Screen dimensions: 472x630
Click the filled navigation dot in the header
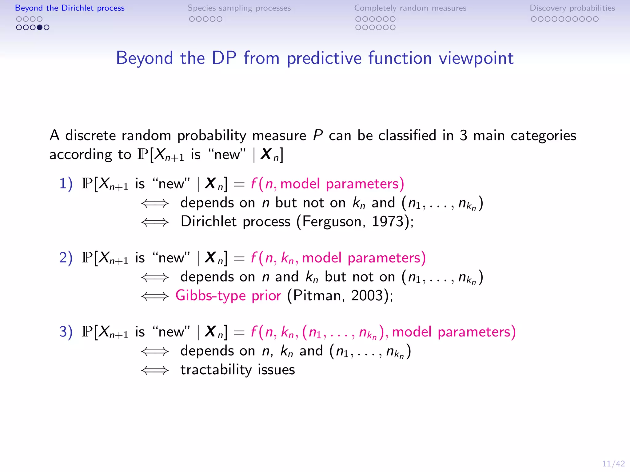[40, 27]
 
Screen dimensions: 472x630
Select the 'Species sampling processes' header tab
[239, 8]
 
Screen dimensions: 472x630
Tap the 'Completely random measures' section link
[410, 8]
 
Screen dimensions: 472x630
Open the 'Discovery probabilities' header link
[572, 8]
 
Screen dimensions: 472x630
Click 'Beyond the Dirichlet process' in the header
[70, 8]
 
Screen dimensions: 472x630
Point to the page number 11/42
[613, 463]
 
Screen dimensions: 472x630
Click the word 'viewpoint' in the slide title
[476, 58]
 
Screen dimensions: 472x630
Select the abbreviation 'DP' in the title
[224, 58]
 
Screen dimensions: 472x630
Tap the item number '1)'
[66, 184]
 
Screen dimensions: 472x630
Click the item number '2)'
[66, 258]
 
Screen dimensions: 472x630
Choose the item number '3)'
[66, 332]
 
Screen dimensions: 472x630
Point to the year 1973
[388, 222]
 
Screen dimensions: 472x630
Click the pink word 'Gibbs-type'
[210, 296]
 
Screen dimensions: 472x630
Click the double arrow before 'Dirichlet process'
[155, 222]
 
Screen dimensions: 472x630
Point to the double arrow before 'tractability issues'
[155, 370]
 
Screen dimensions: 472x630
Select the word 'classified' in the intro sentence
[407, 136]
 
